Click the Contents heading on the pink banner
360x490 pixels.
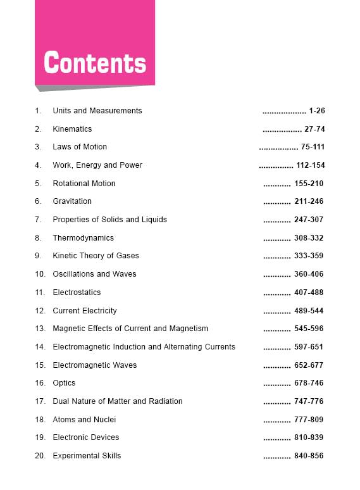(95, 63)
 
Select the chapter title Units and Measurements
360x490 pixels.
(97, 111)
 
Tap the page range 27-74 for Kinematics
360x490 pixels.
(314, 129)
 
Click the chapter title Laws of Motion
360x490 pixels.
(80, 147)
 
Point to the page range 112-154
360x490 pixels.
(310, 165)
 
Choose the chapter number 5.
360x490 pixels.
(37, 184)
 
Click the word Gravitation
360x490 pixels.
(72, 201)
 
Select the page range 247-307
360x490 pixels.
(309, 220)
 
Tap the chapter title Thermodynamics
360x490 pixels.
(83, 238)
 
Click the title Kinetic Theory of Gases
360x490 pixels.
(96, 256)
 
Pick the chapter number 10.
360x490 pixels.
(40, 274)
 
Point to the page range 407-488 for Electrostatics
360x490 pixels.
(309, 292)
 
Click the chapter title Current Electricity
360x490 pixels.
(85, 311)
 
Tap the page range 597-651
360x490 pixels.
(309, 347)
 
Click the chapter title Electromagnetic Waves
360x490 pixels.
(94, 365)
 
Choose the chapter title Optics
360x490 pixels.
(64, 383)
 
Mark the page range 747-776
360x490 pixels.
(309, 401)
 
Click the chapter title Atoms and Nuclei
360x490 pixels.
(84, 420)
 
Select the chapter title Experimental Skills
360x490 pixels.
(87, 456)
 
